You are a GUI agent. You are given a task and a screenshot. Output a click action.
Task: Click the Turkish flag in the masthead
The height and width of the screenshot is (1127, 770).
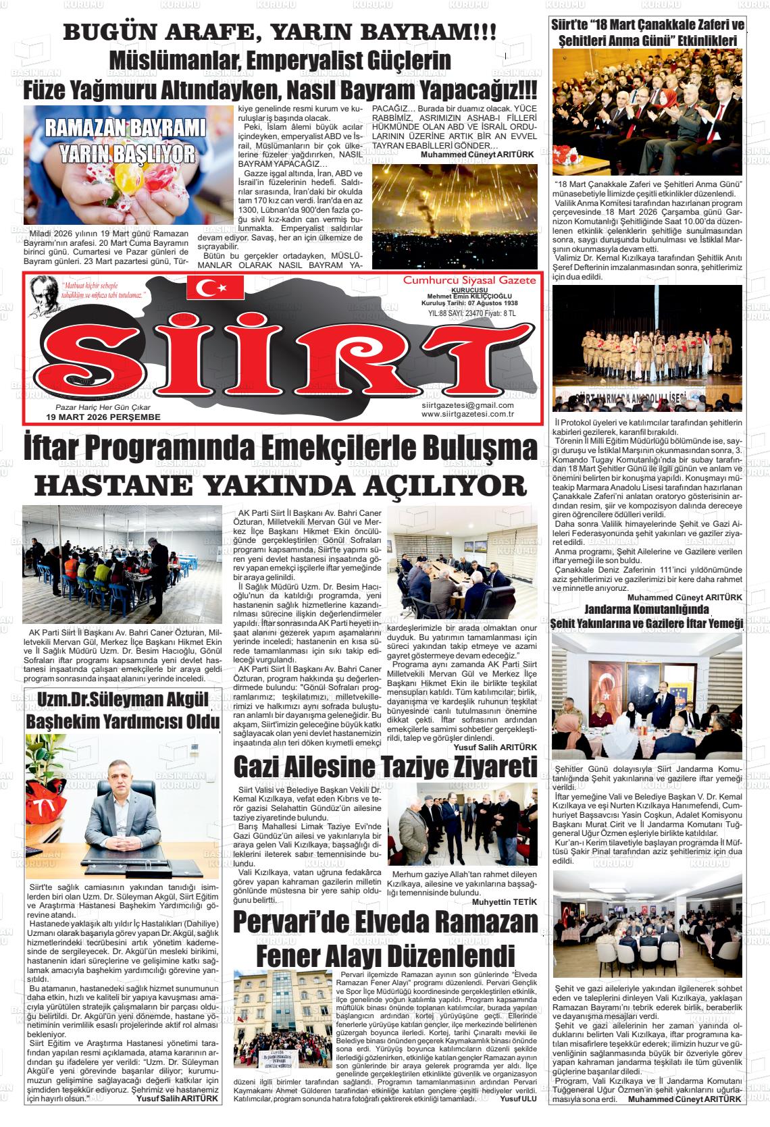(215, 288)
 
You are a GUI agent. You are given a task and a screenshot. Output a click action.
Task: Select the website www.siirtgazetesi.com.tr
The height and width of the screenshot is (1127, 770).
(467, 414)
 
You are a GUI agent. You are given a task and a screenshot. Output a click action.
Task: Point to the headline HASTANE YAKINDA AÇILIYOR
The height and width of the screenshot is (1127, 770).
(280, 485)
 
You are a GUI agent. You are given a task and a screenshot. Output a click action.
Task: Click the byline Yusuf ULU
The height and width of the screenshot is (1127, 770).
(517, 1098)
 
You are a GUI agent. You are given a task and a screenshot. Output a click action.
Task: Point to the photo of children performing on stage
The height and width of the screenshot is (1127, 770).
(647, 348)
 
